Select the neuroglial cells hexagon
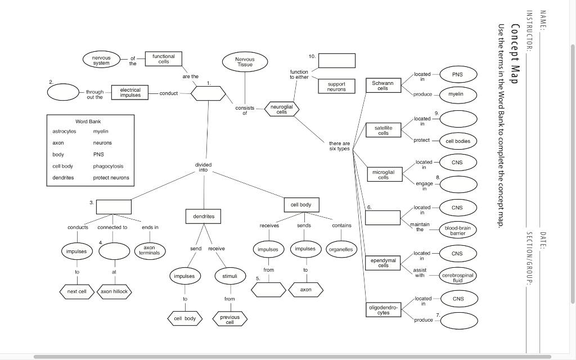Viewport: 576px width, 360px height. coord(281,109)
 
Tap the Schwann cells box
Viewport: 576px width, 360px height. coord(382,85)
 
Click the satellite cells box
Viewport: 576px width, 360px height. coord(383,130)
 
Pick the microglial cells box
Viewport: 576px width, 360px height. coord(383,174)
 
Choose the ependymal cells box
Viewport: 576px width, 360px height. coord(383,262)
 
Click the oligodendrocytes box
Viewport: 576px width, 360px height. coord(383,309)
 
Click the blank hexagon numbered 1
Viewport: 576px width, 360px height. coord(208,93)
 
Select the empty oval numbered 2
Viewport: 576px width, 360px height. coord(63,92)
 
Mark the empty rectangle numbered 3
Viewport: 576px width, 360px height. coord(113,206)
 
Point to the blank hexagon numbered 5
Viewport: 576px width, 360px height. coord(269,290)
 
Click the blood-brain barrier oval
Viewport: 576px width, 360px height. coord(458,230)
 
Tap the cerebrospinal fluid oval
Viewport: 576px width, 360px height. coord(458,277)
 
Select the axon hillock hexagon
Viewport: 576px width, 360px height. coord(114,291)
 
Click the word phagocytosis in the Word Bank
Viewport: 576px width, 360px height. coord(108,166)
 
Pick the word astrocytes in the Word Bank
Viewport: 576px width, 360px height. coord(64,131)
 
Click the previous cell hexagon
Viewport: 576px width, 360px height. coord(229,319)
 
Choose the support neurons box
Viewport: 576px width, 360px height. coord(336,87)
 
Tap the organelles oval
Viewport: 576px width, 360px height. coord(341,249)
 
